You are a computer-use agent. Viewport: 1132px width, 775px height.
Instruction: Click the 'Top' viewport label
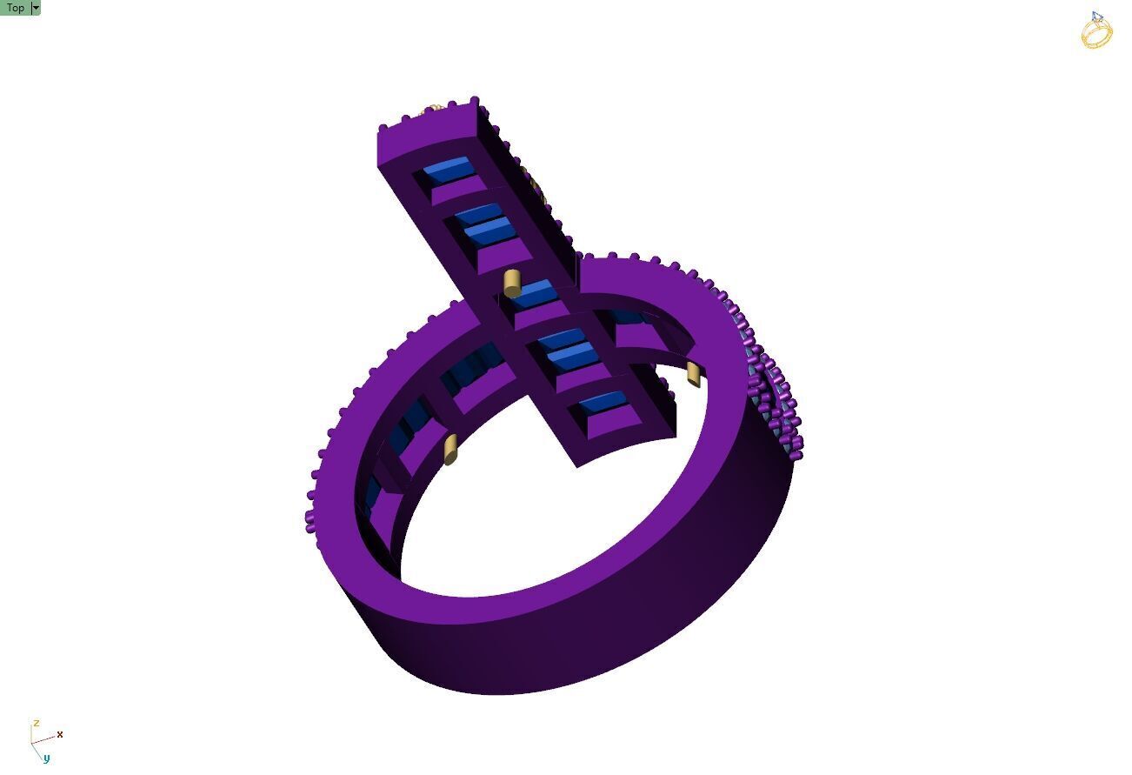(15, 8)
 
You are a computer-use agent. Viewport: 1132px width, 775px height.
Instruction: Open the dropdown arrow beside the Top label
(36, 8)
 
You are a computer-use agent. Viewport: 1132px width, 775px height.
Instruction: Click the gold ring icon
(1096, 33)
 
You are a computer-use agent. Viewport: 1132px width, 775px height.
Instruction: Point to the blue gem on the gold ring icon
(1096, 17)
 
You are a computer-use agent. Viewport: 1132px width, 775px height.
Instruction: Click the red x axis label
(60, 735)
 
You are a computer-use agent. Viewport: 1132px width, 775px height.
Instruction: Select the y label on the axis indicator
(46, 758)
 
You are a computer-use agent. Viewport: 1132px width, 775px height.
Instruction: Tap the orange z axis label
(36, 724)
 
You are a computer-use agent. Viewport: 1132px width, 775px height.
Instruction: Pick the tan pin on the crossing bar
(512, 283)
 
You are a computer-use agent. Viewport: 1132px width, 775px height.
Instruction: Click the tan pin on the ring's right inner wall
(694, 374)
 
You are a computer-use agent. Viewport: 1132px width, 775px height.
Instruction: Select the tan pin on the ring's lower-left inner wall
(450, 450)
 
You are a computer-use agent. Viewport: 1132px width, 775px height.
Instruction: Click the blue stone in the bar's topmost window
(447, 170)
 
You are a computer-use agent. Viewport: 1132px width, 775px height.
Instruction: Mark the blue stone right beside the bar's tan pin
(533, 295)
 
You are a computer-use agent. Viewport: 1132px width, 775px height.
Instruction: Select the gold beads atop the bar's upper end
(435, 109)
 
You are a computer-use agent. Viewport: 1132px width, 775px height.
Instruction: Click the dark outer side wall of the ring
(609, 635)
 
